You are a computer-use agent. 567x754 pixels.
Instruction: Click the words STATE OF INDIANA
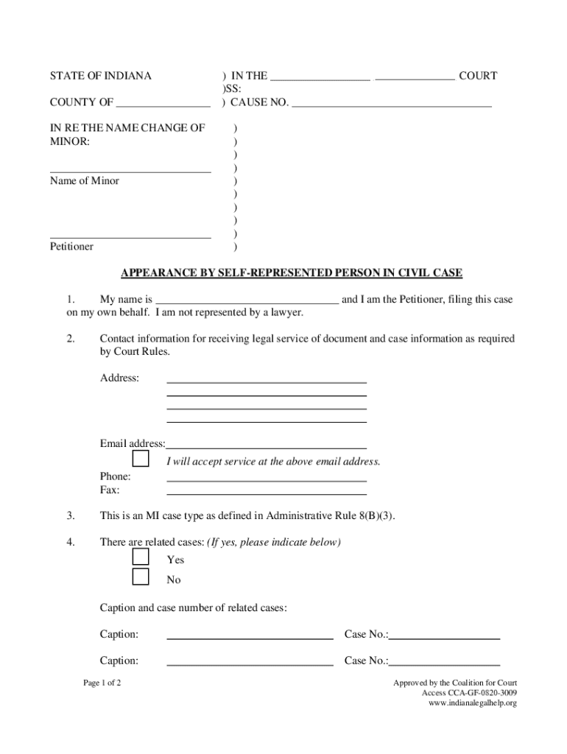(x=100, y=76)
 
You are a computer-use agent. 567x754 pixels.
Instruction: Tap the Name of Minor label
(x=84, y=181)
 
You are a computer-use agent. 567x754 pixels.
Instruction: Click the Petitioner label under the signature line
(x=71, y=247)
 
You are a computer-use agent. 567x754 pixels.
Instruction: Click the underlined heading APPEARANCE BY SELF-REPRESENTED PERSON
(x=292, y=273)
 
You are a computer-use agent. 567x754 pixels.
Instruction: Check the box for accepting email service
(x=141, y=459)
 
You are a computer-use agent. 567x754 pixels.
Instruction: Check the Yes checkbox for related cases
(x=141, y=557)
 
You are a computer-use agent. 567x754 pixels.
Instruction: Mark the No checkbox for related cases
(x=141, y=577)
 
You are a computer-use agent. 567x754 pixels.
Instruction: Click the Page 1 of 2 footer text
(x=102, y=683)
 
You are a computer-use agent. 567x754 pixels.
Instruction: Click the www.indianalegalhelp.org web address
(x=472, y=703)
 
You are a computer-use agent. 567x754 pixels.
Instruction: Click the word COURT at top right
(x=478, y=76)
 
